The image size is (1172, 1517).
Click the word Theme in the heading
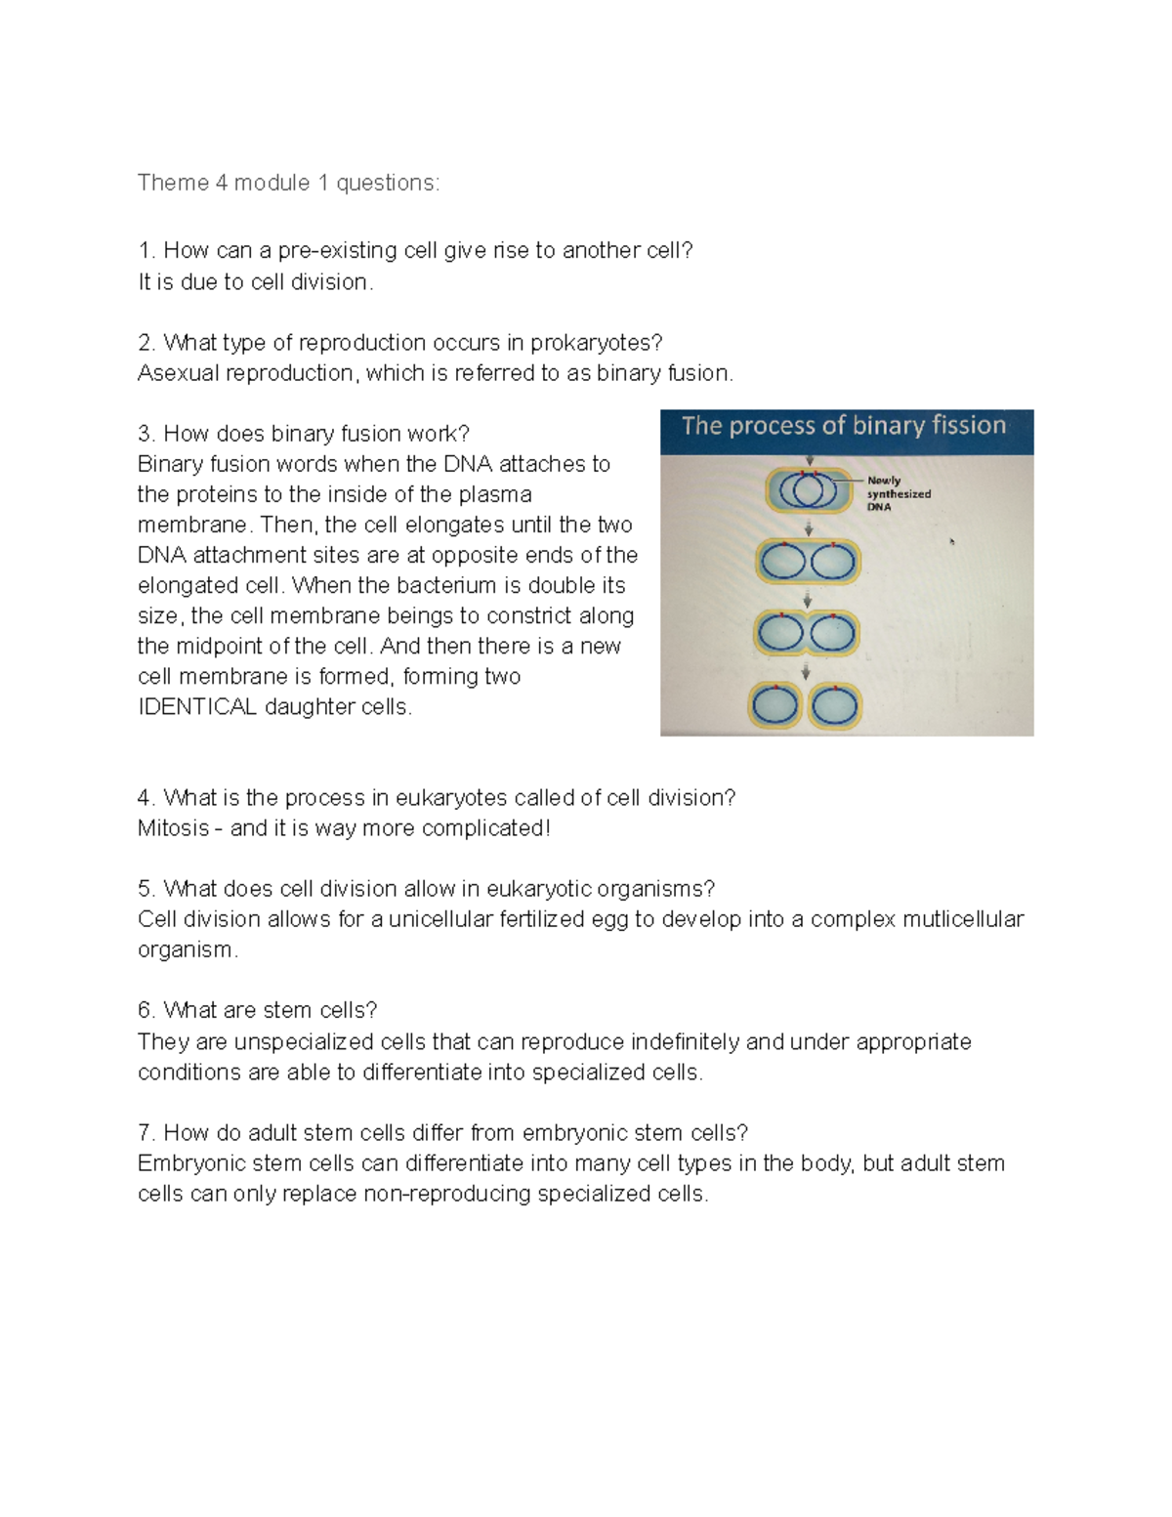pos(173,183)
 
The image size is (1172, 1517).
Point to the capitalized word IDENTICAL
pos(197,707)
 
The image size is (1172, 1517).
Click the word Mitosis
pos(173,828)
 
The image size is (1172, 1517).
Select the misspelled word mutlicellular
pos(963,919)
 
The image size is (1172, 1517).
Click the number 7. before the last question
pos(146,1133)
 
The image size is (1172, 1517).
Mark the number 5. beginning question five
pos(146,889)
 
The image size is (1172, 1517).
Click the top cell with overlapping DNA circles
pos(808,489)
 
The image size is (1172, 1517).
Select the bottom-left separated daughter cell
pos(777,706)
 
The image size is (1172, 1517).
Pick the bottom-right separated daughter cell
pos(835,706)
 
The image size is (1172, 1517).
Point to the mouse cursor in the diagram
pos(951,540)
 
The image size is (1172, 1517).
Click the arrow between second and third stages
pos(808,599)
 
